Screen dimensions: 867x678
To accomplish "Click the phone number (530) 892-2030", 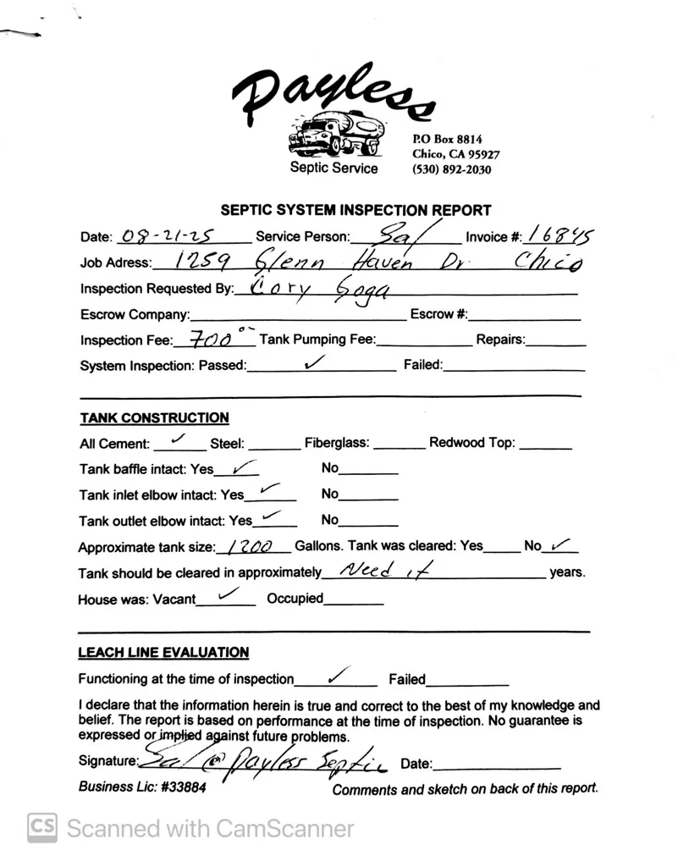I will click(451, 169).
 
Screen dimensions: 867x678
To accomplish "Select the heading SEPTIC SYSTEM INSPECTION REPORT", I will click(356, 210).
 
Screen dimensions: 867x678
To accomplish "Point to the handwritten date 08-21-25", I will click(167, 236).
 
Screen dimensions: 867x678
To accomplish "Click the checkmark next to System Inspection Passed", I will click(314, 362).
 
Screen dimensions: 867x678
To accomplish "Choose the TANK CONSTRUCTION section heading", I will click(154, 417).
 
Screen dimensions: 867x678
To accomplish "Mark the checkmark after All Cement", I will click(179, 439).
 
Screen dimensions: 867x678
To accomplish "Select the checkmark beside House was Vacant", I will click(228, 595).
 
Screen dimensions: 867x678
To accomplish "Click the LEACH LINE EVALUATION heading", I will click(163, 653).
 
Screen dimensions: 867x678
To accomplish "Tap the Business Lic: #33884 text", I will click(142, 786).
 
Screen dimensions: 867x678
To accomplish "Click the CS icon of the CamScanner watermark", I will click(41, 827).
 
